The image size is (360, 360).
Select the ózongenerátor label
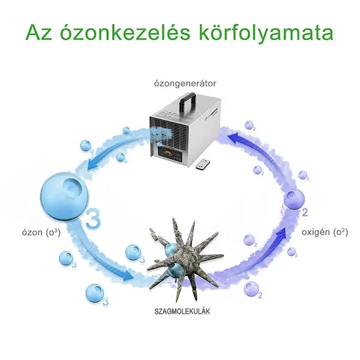[x=185, y=83]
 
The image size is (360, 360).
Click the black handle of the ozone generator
[x=188, y=100]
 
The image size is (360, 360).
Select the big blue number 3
[x=93, y=217]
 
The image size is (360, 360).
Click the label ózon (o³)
[x=41, y=232]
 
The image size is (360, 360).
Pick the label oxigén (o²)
[x=325, y=232]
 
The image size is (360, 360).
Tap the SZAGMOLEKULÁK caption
[x=182, y=311]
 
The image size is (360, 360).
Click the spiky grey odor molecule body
[x=184, y=258]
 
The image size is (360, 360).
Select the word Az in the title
[x=39, y=32]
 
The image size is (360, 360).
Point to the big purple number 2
[x=305, y=212]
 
